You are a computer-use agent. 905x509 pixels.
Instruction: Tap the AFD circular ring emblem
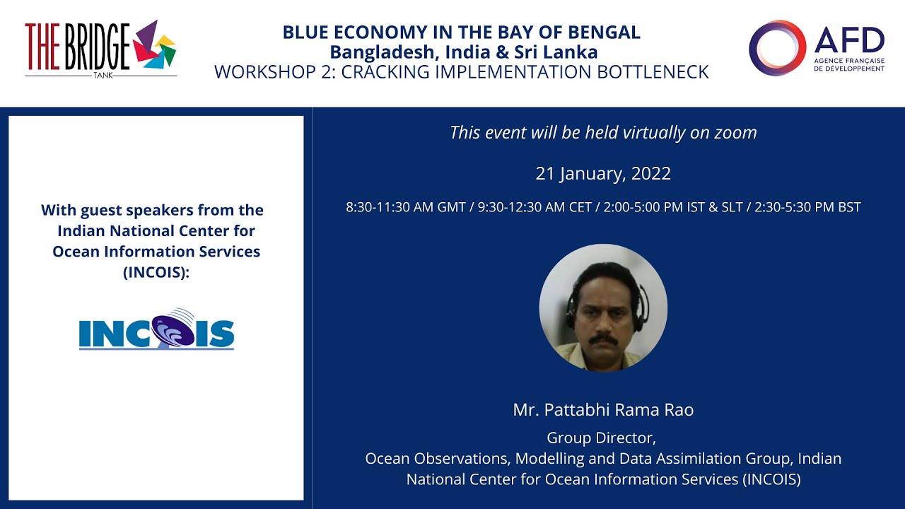click(x=777, y=48)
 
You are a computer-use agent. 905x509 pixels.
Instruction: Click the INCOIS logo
click(x=156, y=329)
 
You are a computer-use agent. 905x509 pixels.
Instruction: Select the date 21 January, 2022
click(x=603, y=174)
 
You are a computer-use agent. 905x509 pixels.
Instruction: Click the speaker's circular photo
click(x=603, y=308)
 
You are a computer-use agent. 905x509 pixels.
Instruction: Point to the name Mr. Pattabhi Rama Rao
click(x=603, y=410)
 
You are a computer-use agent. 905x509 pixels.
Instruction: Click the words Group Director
click(x=603, y=438)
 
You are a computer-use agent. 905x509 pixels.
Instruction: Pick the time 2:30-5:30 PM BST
click(x=807, y=208)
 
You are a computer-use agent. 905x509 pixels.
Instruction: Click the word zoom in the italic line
click(x=735, y=133)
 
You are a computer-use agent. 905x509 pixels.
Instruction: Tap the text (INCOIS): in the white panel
click(x=156, y=272)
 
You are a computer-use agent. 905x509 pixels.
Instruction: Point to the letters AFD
click(x=849, y=41)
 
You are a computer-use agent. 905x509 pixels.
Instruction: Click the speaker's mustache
click(x=603, y=340)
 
